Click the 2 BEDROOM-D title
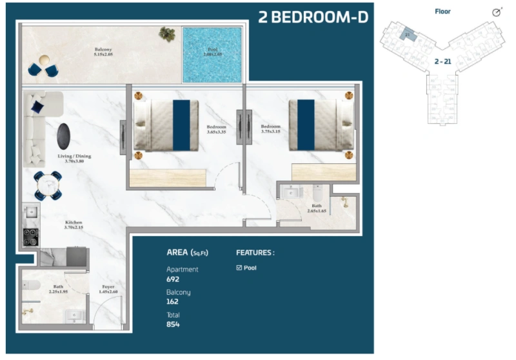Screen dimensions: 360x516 (x=313, y=17)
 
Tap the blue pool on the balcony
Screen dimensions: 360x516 (x=212, y=54)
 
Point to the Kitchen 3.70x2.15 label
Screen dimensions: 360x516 (x=73, y=225)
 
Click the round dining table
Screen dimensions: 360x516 (x=47, y=185)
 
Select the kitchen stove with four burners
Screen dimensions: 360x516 (x=30, y=237)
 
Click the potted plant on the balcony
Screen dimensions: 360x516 (x=167, y=34)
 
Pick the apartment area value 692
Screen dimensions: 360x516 (x=173, y=279)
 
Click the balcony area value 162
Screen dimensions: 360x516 (x=173, y=301)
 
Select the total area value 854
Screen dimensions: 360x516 (x=173, y=324)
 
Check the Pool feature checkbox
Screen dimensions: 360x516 (x=239, y=267)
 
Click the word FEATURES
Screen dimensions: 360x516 (x=255, y=253)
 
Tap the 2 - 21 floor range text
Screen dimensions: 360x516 (x=442, y=61)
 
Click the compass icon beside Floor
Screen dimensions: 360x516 (x=496, y=12)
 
